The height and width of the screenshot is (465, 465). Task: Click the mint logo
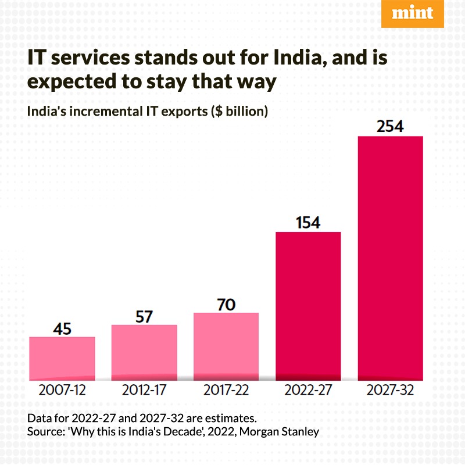[412, 14]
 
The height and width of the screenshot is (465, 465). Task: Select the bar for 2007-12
[62, 358]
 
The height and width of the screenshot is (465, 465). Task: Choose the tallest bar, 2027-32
[390, 258]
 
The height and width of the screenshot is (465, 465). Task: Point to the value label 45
[62, 329]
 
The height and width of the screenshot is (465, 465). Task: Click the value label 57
[144, 317]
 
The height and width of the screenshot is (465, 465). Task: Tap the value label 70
[226, 305]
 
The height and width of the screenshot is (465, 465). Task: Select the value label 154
[308, 223]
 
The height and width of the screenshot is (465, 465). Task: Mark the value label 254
[390, 127]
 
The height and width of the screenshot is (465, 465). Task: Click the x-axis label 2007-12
[62, 390]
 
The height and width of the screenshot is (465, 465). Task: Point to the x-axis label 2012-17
[144, 390]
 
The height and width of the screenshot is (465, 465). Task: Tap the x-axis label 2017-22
[226, 390]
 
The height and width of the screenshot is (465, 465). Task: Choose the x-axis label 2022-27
[308, 390]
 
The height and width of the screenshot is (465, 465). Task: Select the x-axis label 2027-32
[390, 390]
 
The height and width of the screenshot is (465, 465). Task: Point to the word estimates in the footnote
[231, 419]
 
